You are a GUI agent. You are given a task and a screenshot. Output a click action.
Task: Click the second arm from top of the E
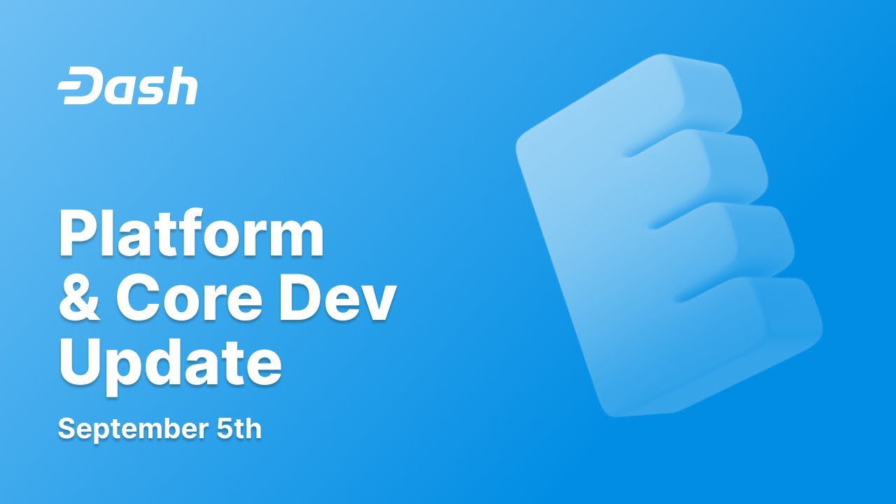tap(721, 164)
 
